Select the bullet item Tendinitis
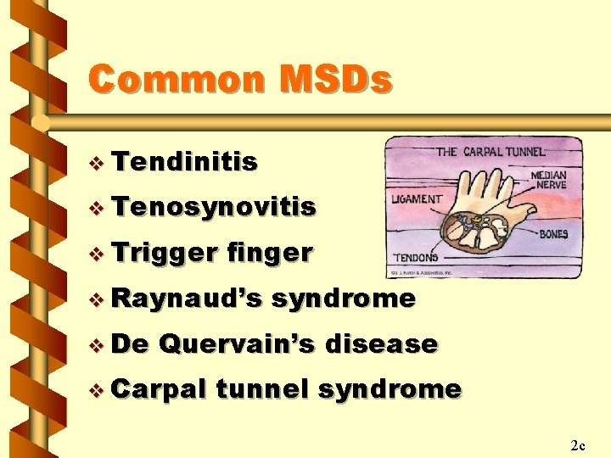tap(183, 161)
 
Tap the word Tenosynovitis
tap(213, 206)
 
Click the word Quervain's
tap(237, 344)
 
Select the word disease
tap(382, 344)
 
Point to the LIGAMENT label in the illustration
tap(417, 199)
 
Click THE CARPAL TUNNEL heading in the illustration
tap(491, 153)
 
